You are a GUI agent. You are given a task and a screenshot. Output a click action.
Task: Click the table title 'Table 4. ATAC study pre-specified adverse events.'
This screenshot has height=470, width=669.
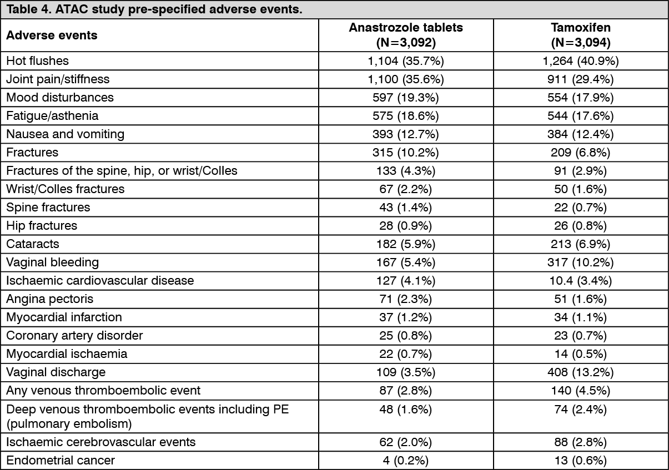pyautogui.click(x=154, y=9)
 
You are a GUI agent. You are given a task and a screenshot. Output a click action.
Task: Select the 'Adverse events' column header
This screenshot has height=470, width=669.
pyautogui.click(x=52, y=35)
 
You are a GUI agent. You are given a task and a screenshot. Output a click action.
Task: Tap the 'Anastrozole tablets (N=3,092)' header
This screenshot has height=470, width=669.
pyautogui.click(x=406, y=35)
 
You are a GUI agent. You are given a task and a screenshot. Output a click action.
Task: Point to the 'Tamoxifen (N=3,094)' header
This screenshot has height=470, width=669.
pyautogui.click(x=581, y=35)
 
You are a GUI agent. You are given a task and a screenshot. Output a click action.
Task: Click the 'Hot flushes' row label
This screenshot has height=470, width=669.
pyautogui.click(x=37, y=61)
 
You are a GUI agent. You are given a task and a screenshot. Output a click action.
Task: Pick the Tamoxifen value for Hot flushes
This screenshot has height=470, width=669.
pyautogui.click(x=581, y=61)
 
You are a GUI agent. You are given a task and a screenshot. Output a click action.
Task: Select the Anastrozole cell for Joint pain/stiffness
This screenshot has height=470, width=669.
pyautogui.click(x=406, y=79)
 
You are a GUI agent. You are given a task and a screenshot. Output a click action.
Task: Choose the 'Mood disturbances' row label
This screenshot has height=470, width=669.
pyautogui.click(x=60, y=98)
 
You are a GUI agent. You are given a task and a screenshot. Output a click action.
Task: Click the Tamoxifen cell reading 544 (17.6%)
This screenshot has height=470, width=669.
pyautogui.click(x=581, y=116)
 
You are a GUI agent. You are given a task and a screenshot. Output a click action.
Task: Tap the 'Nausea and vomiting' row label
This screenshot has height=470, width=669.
pyautogui.click(x=65, y=134)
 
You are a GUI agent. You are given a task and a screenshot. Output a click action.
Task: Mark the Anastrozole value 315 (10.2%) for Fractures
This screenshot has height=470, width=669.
pyautogui.click(x=406, y=153)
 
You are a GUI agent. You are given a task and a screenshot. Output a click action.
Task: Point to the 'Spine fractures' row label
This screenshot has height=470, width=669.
pyautogui.click(x=48, y=208)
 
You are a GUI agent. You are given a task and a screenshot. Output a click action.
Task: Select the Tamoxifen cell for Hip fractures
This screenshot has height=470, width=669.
pyautogui.click(x=581, y=226)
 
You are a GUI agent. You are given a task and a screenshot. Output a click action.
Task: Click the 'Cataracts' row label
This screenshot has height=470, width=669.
pyautogui.click(x=33, y=244)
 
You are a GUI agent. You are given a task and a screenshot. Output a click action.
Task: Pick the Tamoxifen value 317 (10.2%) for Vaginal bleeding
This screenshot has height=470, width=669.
pyautogui.click(x=581, y=262)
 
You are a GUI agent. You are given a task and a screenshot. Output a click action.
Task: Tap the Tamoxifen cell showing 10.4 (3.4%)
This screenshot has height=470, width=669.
pyautogui.click(x=581, y=281)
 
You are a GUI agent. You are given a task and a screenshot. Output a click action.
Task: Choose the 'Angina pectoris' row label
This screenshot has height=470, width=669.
pyautogui.click(x=49, y=299)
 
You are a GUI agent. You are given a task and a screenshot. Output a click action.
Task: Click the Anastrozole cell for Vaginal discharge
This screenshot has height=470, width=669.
pyautogui.click(x=406, y=372)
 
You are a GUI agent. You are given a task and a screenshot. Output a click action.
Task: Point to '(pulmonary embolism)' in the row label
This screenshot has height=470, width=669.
pyautogui.click(x=69, y=424)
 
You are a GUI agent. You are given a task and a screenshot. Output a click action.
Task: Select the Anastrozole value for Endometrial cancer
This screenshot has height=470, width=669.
pyautogui.click(x=406, y=461)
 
